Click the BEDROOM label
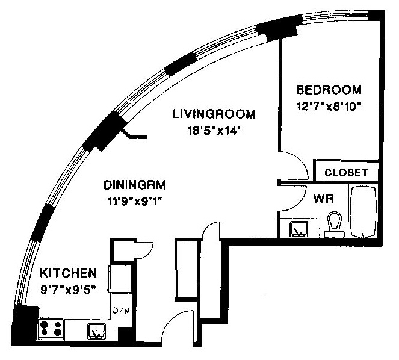point(329,90)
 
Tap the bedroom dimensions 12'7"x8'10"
point(329,106)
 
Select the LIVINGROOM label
point(214,114)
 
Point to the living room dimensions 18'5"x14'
point(214,131)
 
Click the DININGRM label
point(135,185)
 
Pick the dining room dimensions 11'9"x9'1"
point(135,202)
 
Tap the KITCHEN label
point(69,273)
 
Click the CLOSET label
point(346,173)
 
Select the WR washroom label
point(323,198)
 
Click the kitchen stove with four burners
point(51,329)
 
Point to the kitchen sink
point(97,331)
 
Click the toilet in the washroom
point(334,225)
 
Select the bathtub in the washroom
point(363,212)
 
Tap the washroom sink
point(298,229)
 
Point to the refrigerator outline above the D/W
point(120,279)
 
